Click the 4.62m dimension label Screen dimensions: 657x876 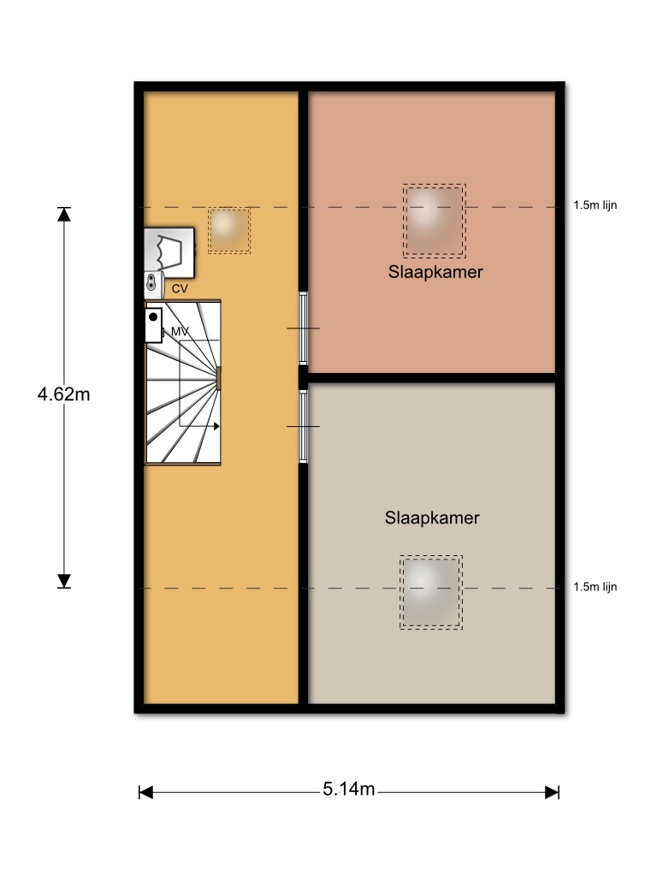[x=63, y=394]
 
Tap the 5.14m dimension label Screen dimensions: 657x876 [x=349, y=789]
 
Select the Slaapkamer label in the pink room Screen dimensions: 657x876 [x=435, y=272]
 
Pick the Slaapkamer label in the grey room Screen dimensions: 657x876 [x=432, y=518]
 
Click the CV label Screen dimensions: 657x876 [x=180, y=289]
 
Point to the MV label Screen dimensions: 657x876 [x=180, y=332]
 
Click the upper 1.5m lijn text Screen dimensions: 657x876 [x=595, y=205]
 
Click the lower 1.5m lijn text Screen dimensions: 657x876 [x=595, y=587]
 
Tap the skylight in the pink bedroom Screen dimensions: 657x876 [x=434, y=221]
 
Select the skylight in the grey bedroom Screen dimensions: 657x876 [x=431, y=592]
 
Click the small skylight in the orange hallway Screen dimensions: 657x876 [x=229, y=230]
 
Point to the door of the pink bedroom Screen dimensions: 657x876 [x=304, y=328]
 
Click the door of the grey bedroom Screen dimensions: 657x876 [x=304, y=426]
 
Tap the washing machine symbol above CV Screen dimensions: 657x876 [x=170, y=252]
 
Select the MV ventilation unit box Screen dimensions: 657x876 [x=154, y=324]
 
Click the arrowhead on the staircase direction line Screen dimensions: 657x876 [x=216, y=426]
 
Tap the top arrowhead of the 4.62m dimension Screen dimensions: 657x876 [x=64, y=213]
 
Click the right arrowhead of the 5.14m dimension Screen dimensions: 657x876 [x=552, y=792]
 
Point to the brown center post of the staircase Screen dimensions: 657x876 [x=218, y=378]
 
